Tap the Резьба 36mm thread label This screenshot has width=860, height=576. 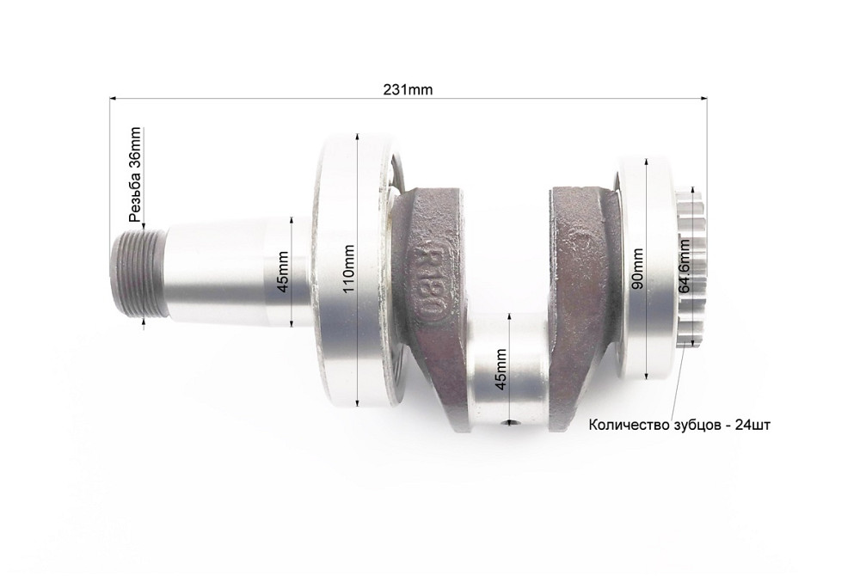tap(134, 174)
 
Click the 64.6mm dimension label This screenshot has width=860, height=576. tap(684, 267)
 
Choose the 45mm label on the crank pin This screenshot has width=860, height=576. tap(501, 367)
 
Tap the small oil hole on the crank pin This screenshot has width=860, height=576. tap(512, 422)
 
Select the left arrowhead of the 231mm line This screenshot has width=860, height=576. tap(112, 99)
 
